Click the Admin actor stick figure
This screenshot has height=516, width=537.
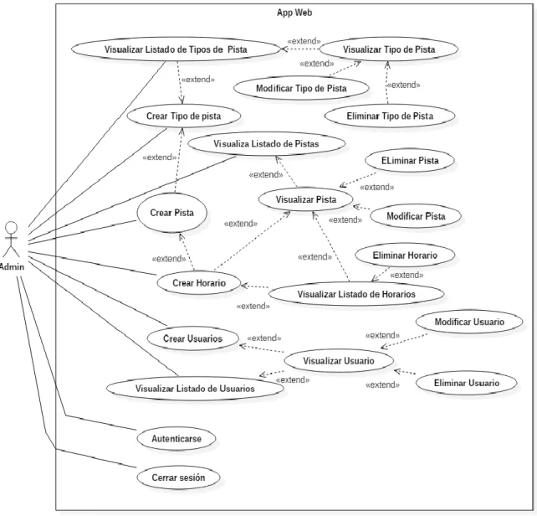[12, 239]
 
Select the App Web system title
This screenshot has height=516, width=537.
[294, 13]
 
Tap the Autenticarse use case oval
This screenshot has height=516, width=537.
[176, 438]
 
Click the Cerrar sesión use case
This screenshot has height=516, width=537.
[178, 477]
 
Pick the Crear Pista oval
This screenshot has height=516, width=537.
[172, 213]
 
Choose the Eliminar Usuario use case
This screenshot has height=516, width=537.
[467, 383]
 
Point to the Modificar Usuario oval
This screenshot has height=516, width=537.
[469, 322]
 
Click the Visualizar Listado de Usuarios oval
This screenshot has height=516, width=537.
[195, 389]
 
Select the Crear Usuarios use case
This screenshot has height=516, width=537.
[193, 338]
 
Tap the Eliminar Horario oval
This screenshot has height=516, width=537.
[405, 255]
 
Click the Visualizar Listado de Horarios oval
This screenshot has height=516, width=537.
[356, 294]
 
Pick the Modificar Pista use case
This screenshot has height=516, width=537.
[416, 216]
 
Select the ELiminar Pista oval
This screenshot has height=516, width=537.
[410, 161]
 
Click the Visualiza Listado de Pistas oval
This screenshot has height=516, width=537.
[266, 144]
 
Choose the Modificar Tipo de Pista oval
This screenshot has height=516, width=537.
[301, 88]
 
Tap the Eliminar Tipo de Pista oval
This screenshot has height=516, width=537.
[390, 116]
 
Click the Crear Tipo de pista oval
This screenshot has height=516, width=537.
[183, 116]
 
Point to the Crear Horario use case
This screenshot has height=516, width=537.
[199, 283]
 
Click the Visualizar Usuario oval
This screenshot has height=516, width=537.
[339, 360]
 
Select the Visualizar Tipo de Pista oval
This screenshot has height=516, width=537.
[389, 49]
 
